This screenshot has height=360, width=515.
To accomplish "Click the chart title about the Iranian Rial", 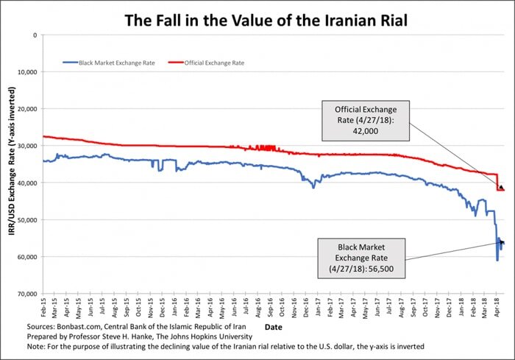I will pos(257,17).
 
